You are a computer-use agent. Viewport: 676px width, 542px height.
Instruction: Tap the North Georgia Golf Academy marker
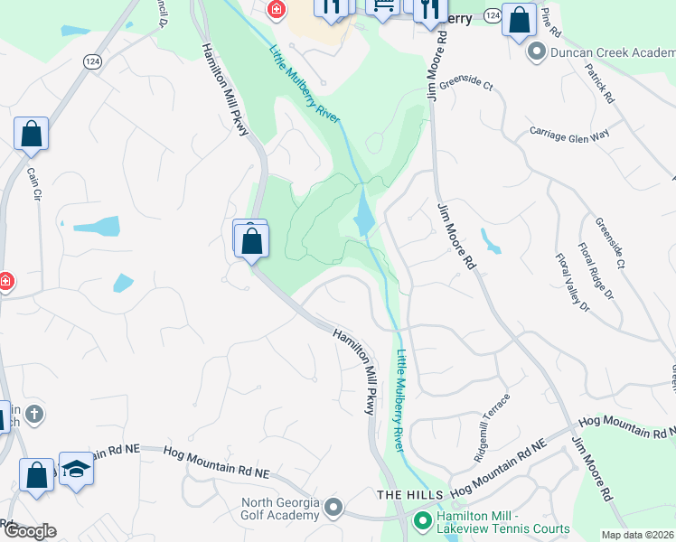click(334, 508)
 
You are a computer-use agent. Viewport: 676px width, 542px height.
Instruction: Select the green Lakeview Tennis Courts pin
click(421, 520)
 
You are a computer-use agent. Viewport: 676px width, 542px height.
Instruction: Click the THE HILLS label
click(410, 495)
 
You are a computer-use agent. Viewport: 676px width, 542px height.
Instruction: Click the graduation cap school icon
click(77, 470)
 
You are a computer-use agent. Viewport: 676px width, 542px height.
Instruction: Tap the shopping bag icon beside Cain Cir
click(32, 135)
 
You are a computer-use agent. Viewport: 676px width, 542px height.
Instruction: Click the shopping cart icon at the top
click(383, 5)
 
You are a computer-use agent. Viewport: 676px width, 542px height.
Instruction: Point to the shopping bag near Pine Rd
click(520, 21)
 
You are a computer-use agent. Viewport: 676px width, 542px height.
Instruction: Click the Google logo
click(29, 531)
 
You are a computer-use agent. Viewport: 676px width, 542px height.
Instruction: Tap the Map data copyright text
click(638, 535)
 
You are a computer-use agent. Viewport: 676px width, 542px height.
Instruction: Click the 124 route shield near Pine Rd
click(492, 16)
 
